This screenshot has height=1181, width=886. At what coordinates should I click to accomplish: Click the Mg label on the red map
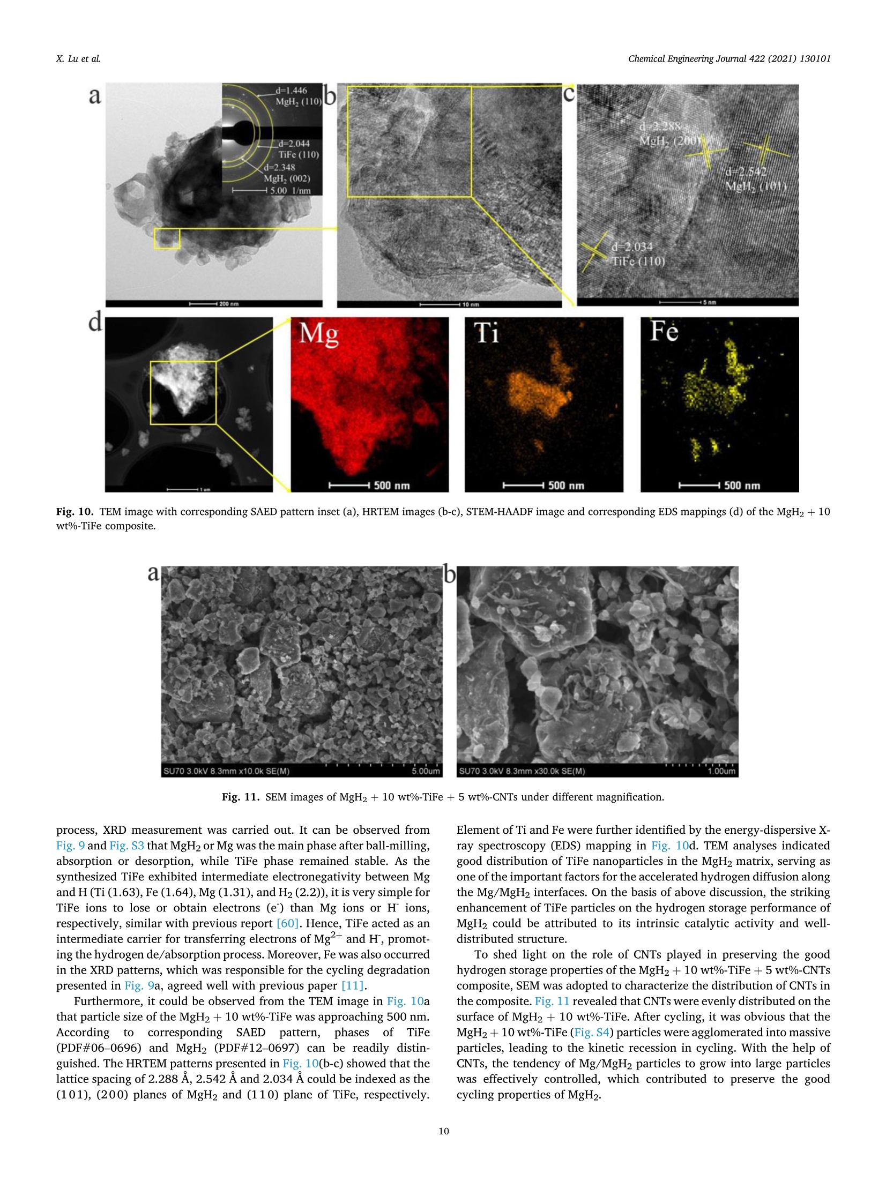tap(319, 334)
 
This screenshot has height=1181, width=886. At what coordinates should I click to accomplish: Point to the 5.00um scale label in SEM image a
tap(426, 771)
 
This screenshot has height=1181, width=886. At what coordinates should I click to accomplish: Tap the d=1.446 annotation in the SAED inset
tap(291, 91)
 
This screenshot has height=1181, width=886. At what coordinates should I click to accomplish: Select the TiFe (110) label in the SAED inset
tap(298, 155)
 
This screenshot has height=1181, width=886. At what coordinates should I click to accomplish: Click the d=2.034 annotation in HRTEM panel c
tap(632, 247)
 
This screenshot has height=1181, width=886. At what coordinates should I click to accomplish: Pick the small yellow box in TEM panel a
tap(167, 238)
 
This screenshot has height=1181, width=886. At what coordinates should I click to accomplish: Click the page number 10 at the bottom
tap(443, 1131)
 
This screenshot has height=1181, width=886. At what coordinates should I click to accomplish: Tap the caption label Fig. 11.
tap(240, 797)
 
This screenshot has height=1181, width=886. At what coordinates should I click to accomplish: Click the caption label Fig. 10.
tap(75, 512)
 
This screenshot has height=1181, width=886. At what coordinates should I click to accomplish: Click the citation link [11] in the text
tap(353, 985)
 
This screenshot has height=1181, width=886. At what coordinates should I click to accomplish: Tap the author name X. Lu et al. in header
tap(78, 59)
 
